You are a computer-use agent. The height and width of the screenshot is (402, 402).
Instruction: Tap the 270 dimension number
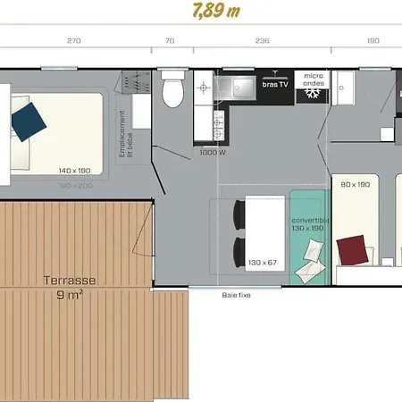pyautogui.click(x=74, y=40)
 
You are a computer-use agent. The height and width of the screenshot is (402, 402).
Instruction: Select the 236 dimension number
pyautogui.click(x=262, y=40)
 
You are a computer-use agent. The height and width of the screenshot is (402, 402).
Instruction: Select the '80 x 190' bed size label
pyautogui.click(x=355, y=184)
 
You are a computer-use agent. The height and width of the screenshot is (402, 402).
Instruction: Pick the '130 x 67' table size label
pyautogui.click(x=264, y=262)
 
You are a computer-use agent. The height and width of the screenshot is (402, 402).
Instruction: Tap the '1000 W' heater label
pyautogui.click(x=211, y=153)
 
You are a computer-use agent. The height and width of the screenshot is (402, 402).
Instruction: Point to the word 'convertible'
pyautogui.click(x=310, y=220)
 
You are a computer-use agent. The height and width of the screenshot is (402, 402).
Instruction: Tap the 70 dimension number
pyautogui.click(x=169, y=40)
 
